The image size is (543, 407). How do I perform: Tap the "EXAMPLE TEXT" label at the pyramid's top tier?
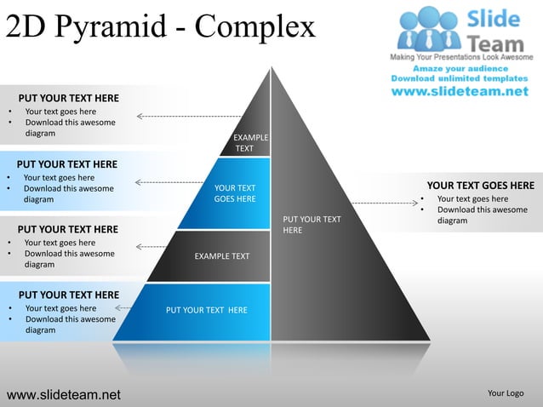[x=249, y=143]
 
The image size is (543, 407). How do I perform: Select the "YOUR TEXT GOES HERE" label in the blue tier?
[x=235, y=193]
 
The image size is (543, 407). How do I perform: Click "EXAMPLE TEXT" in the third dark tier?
[x=222, y=256]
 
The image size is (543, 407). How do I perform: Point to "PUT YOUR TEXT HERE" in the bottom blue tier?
[x=207, y=310]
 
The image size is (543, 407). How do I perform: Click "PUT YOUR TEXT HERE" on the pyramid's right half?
[x=312, y=225]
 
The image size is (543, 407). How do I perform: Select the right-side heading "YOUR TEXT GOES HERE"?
[x=480, y=186]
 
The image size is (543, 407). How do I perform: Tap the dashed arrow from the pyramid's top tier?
[x=188, y=116]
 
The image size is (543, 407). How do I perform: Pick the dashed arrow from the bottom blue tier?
[x=123, y=307]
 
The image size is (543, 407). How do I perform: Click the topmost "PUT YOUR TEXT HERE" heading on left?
[x=69, y=98]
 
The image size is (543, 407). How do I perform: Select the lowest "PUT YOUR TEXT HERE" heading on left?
[x=68, y=295]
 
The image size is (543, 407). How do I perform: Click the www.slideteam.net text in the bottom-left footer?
[x=64, y=394]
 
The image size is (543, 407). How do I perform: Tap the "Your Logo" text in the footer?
[x=506, y=393]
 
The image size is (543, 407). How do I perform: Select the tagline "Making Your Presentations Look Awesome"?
[x=461, y=56]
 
